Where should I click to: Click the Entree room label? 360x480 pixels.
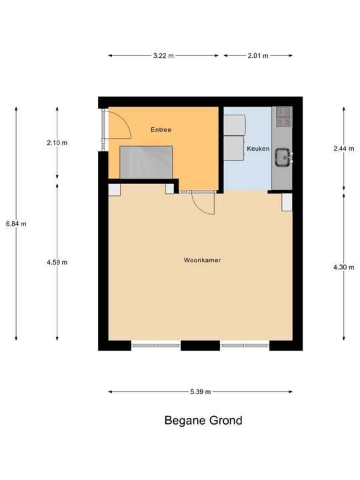click(161, 130)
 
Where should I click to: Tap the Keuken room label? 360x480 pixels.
click(258, 149)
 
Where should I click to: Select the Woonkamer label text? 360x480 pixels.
click(202, 260)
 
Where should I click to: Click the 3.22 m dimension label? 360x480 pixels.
click(163, 56)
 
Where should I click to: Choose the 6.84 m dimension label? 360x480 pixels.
click(16, 224)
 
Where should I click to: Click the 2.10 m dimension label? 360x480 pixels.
click(57, 143)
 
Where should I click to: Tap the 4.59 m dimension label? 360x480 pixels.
click(57, 262)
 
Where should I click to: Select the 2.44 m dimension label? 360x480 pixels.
click(343, 149)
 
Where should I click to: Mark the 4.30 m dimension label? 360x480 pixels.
click(343, 267)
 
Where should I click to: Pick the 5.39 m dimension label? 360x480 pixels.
click(200, 392)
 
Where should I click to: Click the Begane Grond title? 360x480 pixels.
click(203, 421)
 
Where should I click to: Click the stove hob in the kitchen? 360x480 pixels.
click(283, 117)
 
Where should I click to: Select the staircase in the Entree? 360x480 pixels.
click(147, 163)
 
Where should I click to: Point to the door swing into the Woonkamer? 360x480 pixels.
click(202, 203)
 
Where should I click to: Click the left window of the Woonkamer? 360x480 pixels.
click(155, 345)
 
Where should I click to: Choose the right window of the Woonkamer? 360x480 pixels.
click(244, 345)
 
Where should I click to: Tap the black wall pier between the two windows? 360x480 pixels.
click(200, 345)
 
